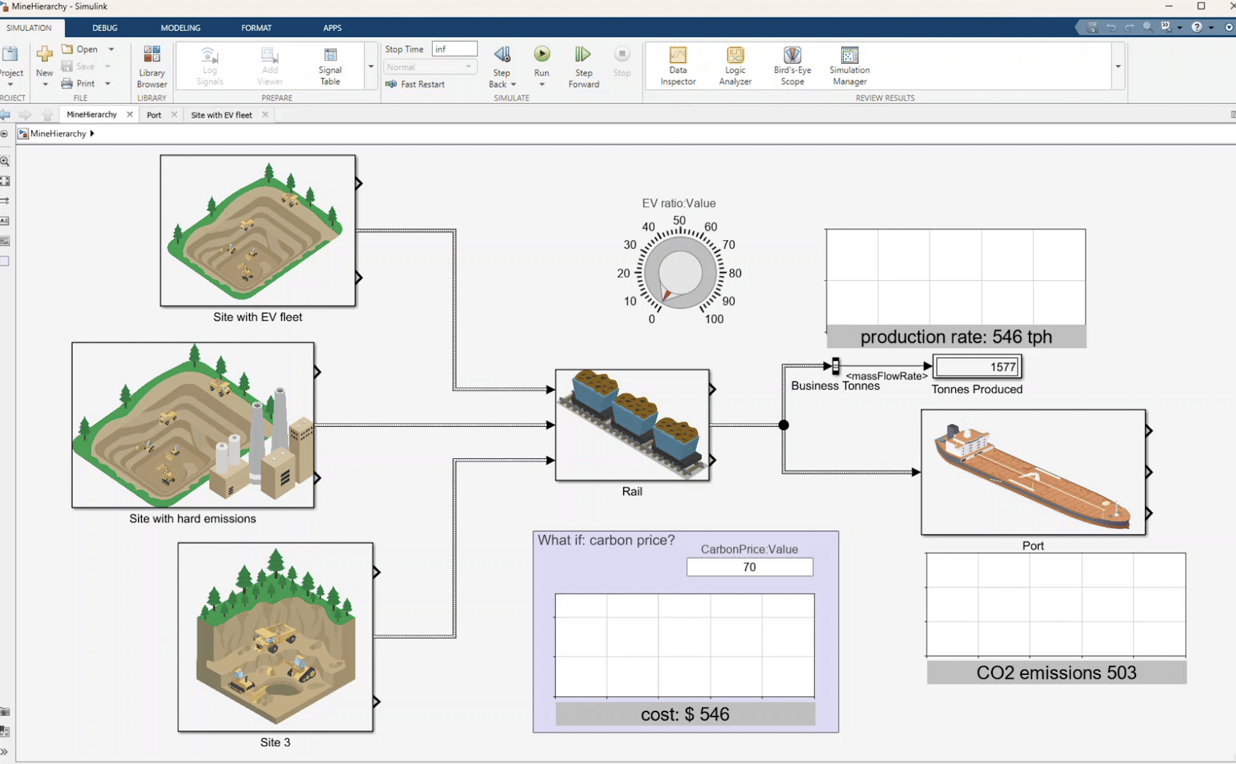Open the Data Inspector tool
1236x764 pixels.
(x=678, y=66)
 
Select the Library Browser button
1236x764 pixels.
(x=152, y=67)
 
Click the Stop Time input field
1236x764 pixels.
(x=455, y=49)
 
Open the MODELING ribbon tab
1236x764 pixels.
(x=180, y=28)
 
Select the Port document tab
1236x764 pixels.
(x=154, y=115)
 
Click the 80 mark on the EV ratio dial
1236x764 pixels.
(x=735, y=273)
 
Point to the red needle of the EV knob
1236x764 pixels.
(x=666, y=295)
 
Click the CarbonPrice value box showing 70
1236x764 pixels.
(x=749, y=567)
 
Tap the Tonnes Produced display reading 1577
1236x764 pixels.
(x=977, y=367)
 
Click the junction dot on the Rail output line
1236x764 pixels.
(x=783, y=425)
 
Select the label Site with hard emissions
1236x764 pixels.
(x=192, y=519)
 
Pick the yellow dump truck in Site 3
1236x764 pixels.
(x=275, y=637)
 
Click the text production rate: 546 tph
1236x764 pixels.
(x=956, y=337)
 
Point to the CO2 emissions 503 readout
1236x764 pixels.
(x=1056, y=673)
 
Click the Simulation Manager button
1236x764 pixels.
(x=849, y=66)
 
